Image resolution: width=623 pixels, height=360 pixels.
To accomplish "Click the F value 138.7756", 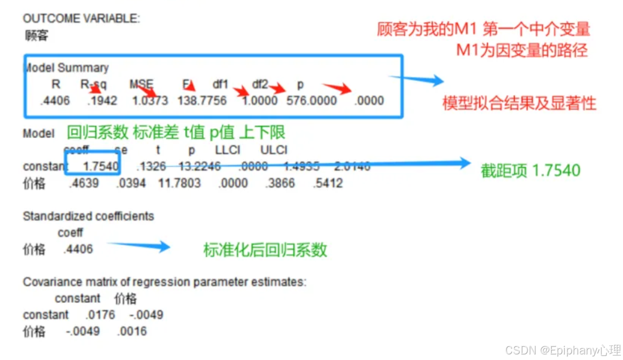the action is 202,100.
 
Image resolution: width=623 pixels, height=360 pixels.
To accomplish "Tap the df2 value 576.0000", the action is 311,100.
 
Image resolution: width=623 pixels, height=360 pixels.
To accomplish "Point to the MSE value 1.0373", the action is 150,100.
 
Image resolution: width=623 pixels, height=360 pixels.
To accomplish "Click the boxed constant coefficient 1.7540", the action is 100,166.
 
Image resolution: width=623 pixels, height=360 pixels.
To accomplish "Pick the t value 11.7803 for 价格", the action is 180,183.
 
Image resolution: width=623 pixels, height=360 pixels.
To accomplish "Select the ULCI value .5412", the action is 328,183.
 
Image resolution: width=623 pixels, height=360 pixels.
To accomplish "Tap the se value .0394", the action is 131,183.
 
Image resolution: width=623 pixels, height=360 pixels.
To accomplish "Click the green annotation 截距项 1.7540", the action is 530,170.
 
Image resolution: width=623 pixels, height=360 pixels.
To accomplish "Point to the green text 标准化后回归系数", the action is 265,250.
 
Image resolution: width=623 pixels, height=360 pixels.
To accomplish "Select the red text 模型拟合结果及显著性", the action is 519,104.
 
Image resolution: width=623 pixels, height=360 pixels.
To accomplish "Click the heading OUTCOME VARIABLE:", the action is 81,19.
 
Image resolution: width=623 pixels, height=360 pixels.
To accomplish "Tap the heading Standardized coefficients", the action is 88,216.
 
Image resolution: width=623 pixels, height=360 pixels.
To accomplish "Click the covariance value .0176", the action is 100,315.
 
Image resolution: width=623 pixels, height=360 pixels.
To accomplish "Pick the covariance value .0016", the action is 131,332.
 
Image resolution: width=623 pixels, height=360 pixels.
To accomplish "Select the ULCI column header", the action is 274,150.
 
